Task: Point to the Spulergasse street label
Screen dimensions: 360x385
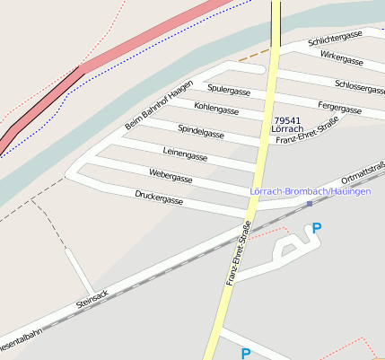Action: coord(228,91)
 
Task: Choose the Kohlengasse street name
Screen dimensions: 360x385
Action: coord(216,110)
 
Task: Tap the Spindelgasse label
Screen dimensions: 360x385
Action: coord(200,131)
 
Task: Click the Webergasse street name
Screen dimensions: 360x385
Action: coord(171,177)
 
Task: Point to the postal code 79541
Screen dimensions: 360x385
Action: coord(287,119)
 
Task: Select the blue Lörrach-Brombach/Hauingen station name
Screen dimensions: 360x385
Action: coord(310,192)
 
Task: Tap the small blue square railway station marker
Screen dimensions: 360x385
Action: coord(310,204)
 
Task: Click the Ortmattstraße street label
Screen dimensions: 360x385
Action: coord(363,171)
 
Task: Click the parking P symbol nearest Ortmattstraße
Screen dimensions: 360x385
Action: coord(315,230)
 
